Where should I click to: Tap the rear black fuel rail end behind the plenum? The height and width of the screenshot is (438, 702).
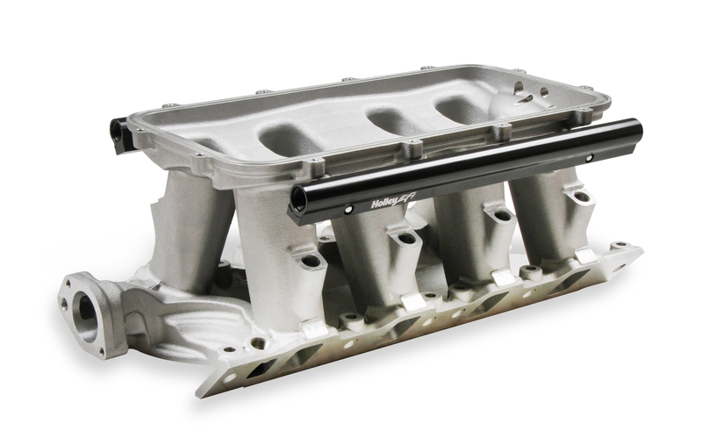pyautogui.click(x=118, y=131)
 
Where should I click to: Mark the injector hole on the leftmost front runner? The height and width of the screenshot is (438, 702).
pyautogui.click(x=309, y=262)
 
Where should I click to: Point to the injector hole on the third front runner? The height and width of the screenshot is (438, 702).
pyautogui.click(x=501, y=215)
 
